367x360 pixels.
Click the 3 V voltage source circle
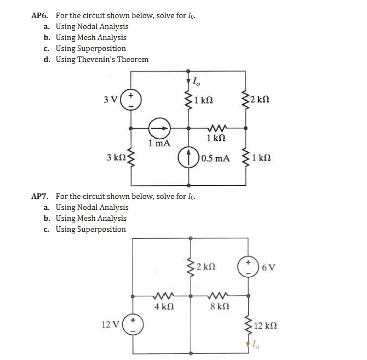[131, 100]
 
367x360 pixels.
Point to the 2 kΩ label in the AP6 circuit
[260, 100]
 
